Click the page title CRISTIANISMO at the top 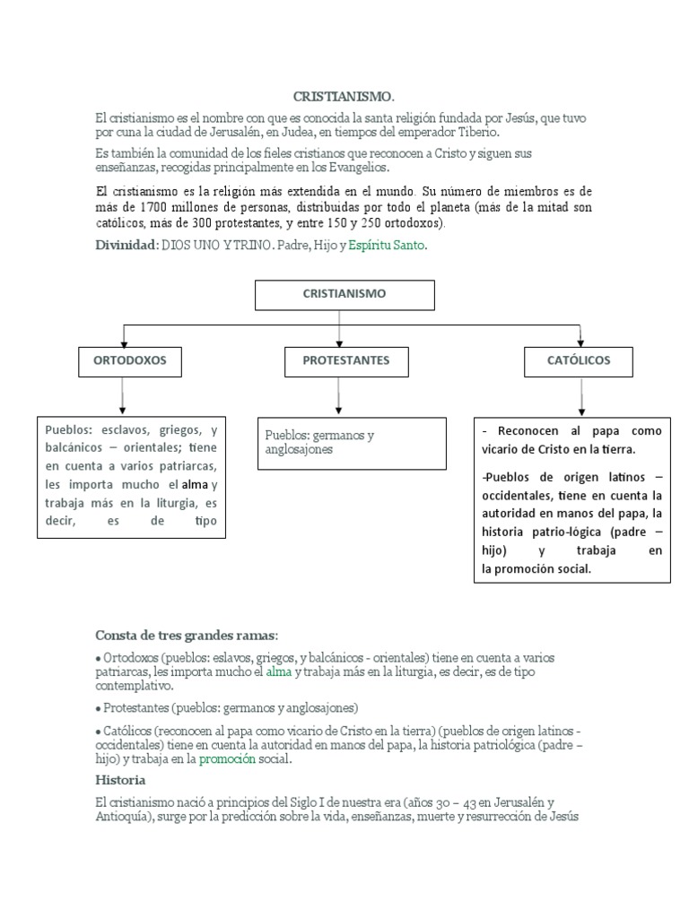pyautogui.click(x=344, y=96)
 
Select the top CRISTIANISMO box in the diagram pyautogui.click(x=344, y=293)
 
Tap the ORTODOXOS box pyautogui.click(x=124, y=360)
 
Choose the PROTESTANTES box pyautogui.click(x=337, y=360)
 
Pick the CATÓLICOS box pyautogui.click(x=580, y=360)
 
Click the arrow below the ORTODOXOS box pyautogui.click(x=124, y=395)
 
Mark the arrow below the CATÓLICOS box pyautogui.click(x=581, y=395)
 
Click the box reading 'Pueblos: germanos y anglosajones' pyautogui.click(x=352, y=442)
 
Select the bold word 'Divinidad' pyautogui.click(x=126, y=245)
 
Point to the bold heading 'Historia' pyautogui.click(x=119, y=780)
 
